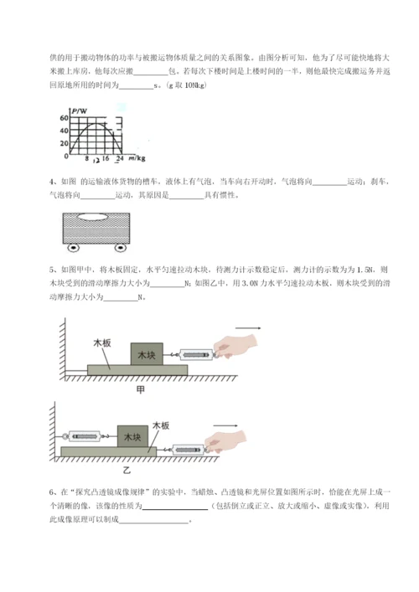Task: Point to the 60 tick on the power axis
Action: point(65,118)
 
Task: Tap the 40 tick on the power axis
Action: point(65,130)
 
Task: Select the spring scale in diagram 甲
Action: point(198,356)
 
